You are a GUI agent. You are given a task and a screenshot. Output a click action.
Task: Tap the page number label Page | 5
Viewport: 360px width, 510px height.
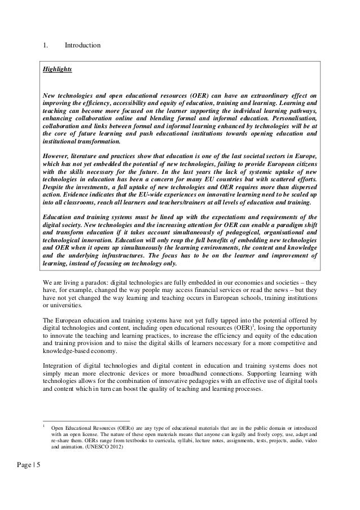(x=17, y=465)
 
